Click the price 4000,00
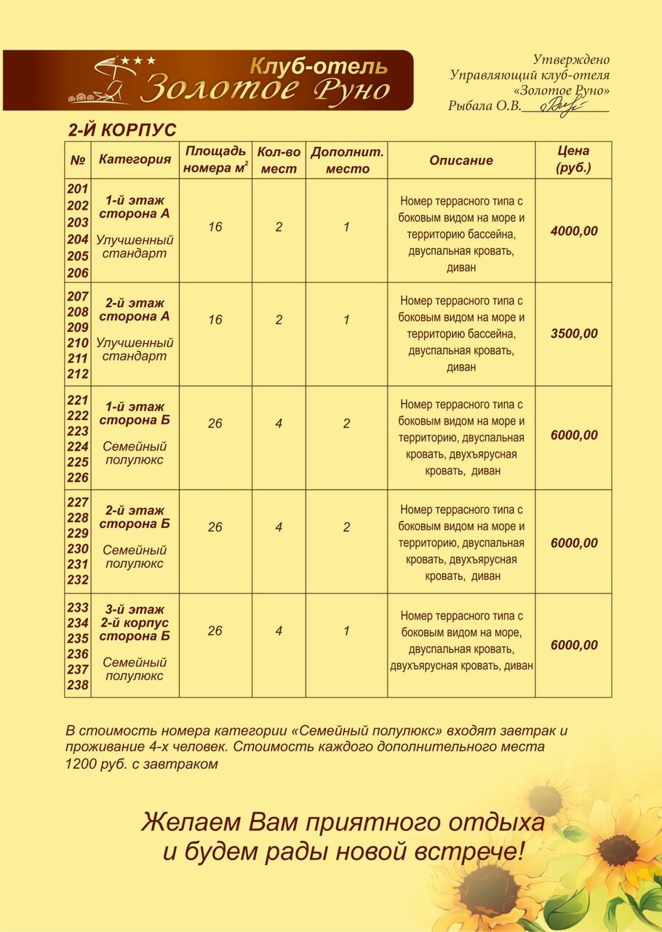coord(574,232)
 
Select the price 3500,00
coord(574,334)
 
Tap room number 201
coord(78,189)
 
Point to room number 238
coord(78,685)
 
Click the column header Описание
coord(460,160)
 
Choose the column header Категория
coord(135,159)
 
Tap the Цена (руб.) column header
coord(573,159)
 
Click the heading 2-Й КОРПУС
coord(122,130)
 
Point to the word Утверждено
coord(571,60)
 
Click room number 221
coord(78,400)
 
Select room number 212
coord(78,374)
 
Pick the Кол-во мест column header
coord(279,160)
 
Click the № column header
coord(78,159)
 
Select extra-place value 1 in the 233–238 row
coord(346,631)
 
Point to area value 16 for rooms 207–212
coord(215,320)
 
